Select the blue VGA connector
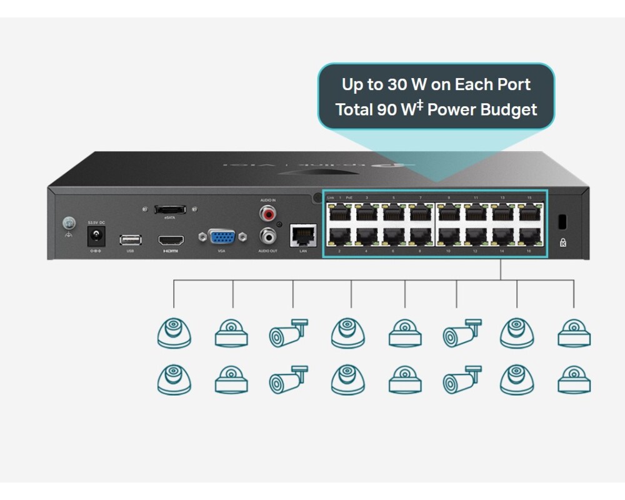click(x=221, y=237)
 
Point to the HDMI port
click(x=171, y=240)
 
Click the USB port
click(x=130, y=239)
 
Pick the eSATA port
click(x=169, y=209)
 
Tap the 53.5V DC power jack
click(x=96, y=237)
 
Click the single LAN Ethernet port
click(x=303, y=236)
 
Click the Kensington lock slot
click(x=561, y=221)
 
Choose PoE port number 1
click(x=339, y=213)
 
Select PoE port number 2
click(x=339, y=236)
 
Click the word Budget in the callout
click(x=509, y=110)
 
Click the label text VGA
click(x=221, y=251)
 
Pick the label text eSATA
click(x=169, y=218)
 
